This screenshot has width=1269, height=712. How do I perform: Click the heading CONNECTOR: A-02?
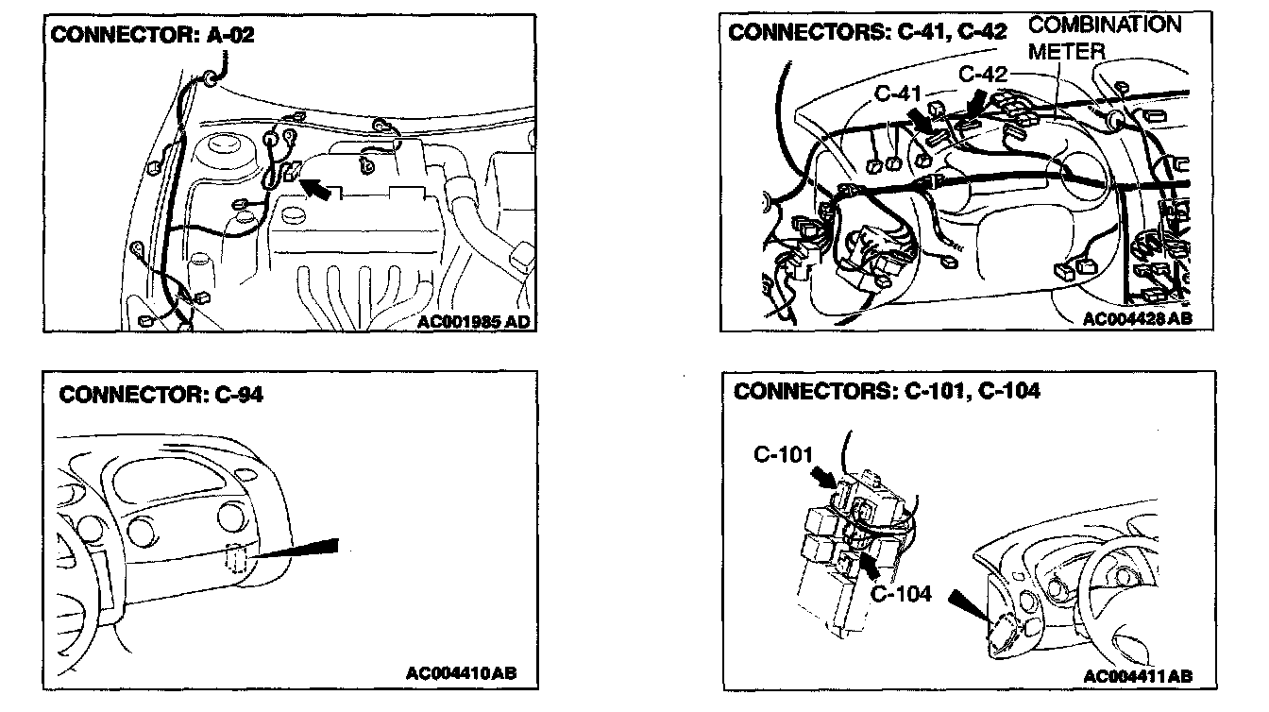coord(152,36)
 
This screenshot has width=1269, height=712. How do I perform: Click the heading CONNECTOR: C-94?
coord(161,394)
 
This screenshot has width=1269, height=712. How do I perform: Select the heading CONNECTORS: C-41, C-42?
coord(867,32)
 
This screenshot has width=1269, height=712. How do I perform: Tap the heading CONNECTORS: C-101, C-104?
coord(887,391)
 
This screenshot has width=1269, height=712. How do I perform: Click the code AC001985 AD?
coord(473,321)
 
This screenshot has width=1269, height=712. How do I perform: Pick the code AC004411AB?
coord(1138,676)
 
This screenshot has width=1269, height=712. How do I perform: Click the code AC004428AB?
coord(1137,319)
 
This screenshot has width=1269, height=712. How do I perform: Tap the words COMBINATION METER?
coord(1103,37)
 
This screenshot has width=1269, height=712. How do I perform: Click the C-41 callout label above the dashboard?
coord(898,93)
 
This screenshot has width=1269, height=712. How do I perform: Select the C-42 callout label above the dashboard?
coord(983,73)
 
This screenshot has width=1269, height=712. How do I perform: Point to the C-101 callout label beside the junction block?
coord(785,454)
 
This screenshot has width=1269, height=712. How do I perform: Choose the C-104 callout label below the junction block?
coord(901,594)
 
